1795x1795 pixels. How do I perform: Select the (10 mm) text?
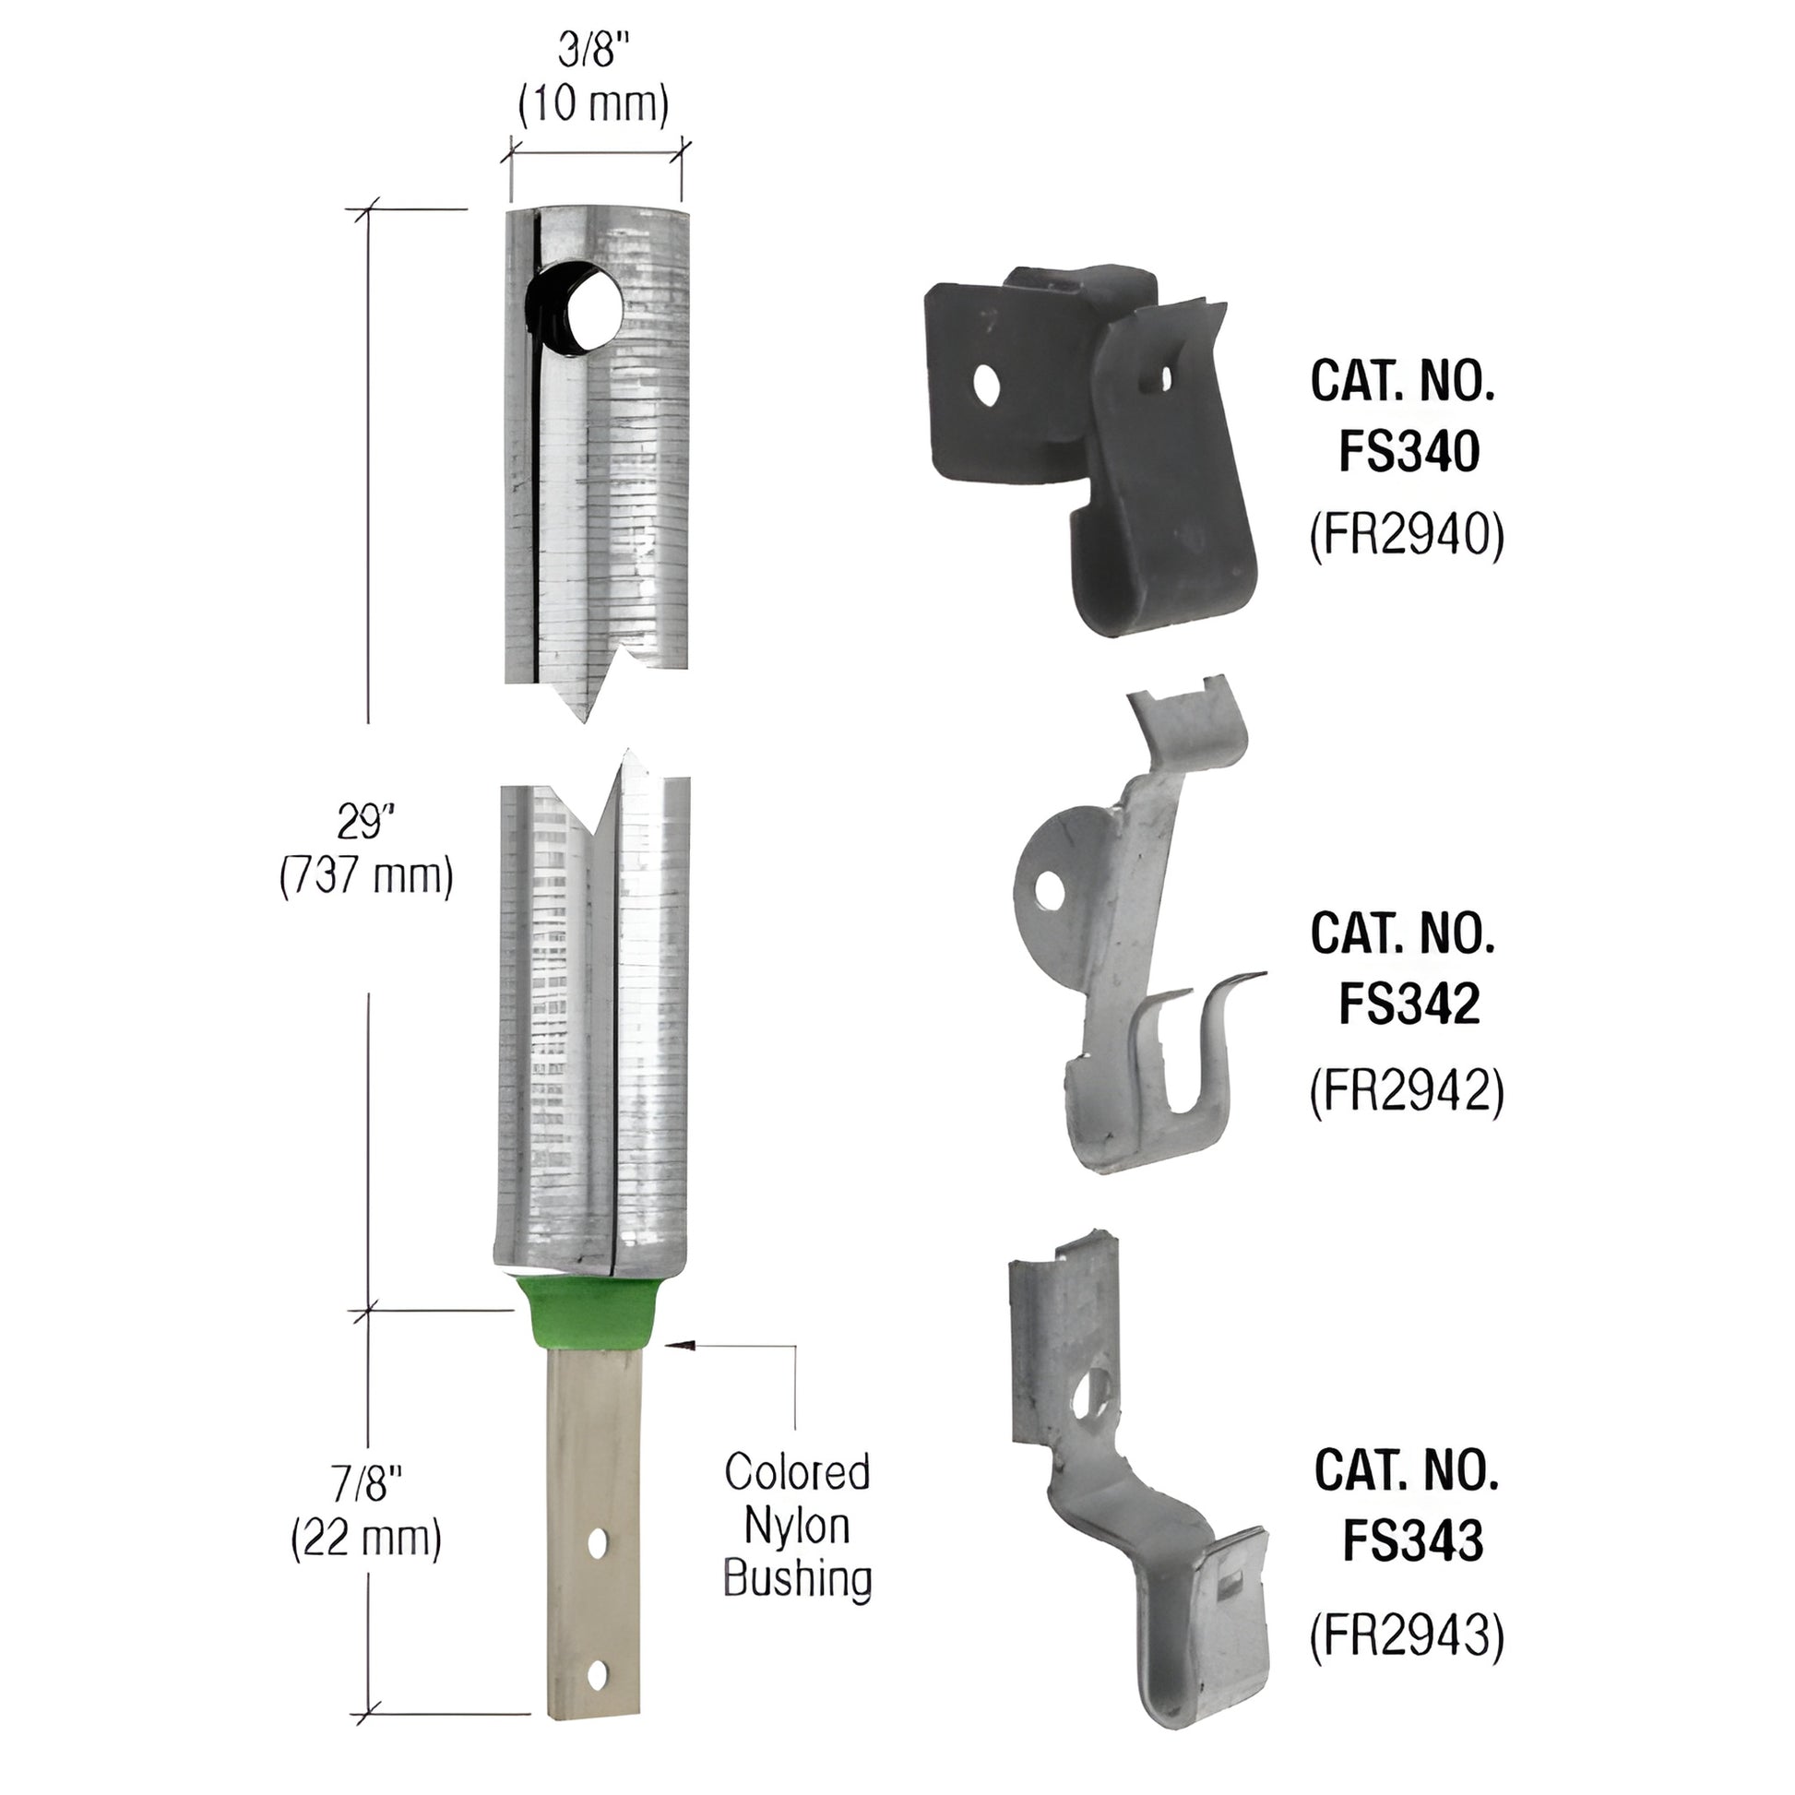coord(594,105)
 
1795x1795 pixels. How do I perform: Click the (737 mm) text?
coord(367,876)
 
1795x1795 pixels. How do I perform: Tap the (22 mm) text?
coord(366,1539)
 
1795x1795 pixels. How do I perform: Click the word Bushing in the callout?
coord(797,1578)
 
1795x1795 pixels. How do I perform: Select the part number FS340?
coord(1409,453)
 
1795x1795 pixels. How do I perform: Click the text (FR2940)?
coord(1407,536)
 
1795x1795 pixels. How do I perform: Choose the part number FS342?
coord(1409,1004)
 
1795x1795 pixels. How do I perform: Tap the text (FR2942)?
coord(1407,1090)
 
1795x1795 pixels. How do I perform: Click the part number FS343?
coord(1412,1539)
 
